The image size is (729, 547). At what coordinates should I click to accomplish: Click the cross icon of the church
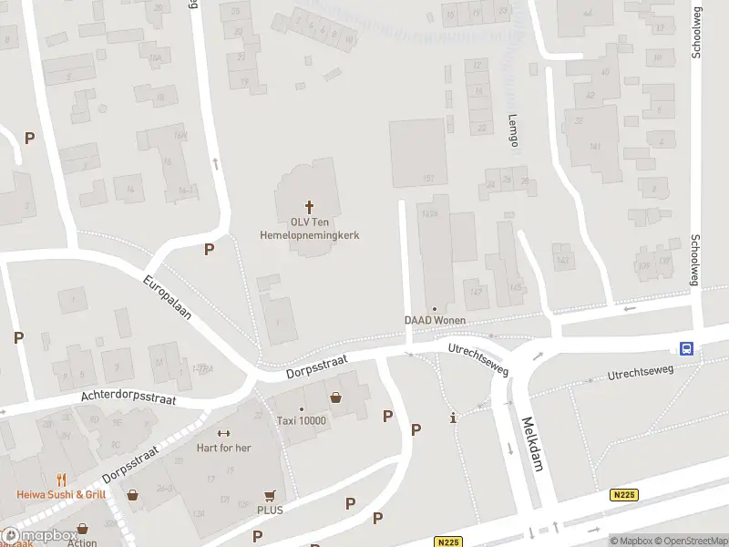tap(309, 207)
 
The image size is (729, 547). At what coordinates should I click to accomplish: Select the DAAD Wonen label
tap(435, 320)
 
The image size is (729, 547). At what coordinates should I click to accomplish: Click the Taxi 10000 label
tap(301, 421)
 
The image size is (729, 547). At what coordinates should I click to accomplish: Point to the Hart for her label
tap(223, 448)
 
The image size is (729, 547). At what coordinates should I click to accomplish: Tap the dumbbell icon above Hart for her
tap(223, 433)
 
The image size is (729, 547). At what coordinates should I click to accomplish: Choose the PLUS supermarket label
tap(270, 510)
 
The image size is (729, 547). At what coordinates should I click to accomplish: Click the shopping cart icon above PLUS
tap(270, 495)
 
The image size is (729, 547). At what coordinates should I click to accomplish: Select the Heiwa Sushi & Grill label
tap(61, 495)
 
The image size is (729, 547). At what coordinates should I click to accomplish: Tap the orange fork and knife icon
tap(61, 480)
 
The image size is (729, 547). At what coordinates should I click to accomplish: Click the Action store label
tap(82, 542)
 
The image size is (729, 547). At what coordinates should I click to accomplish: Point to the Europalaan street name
tap(167, 298)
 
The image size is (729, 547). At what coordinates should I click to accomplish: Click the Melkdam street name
tap(532, 444)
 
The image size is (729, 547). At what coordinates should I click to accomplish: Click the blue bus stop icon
tap(686, 347)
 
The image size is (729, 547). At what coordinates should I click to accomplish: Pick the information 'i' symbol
tap(454, 418)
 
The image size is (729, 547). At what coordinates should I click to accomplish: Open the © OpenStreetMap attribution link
tap(687, 541)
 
